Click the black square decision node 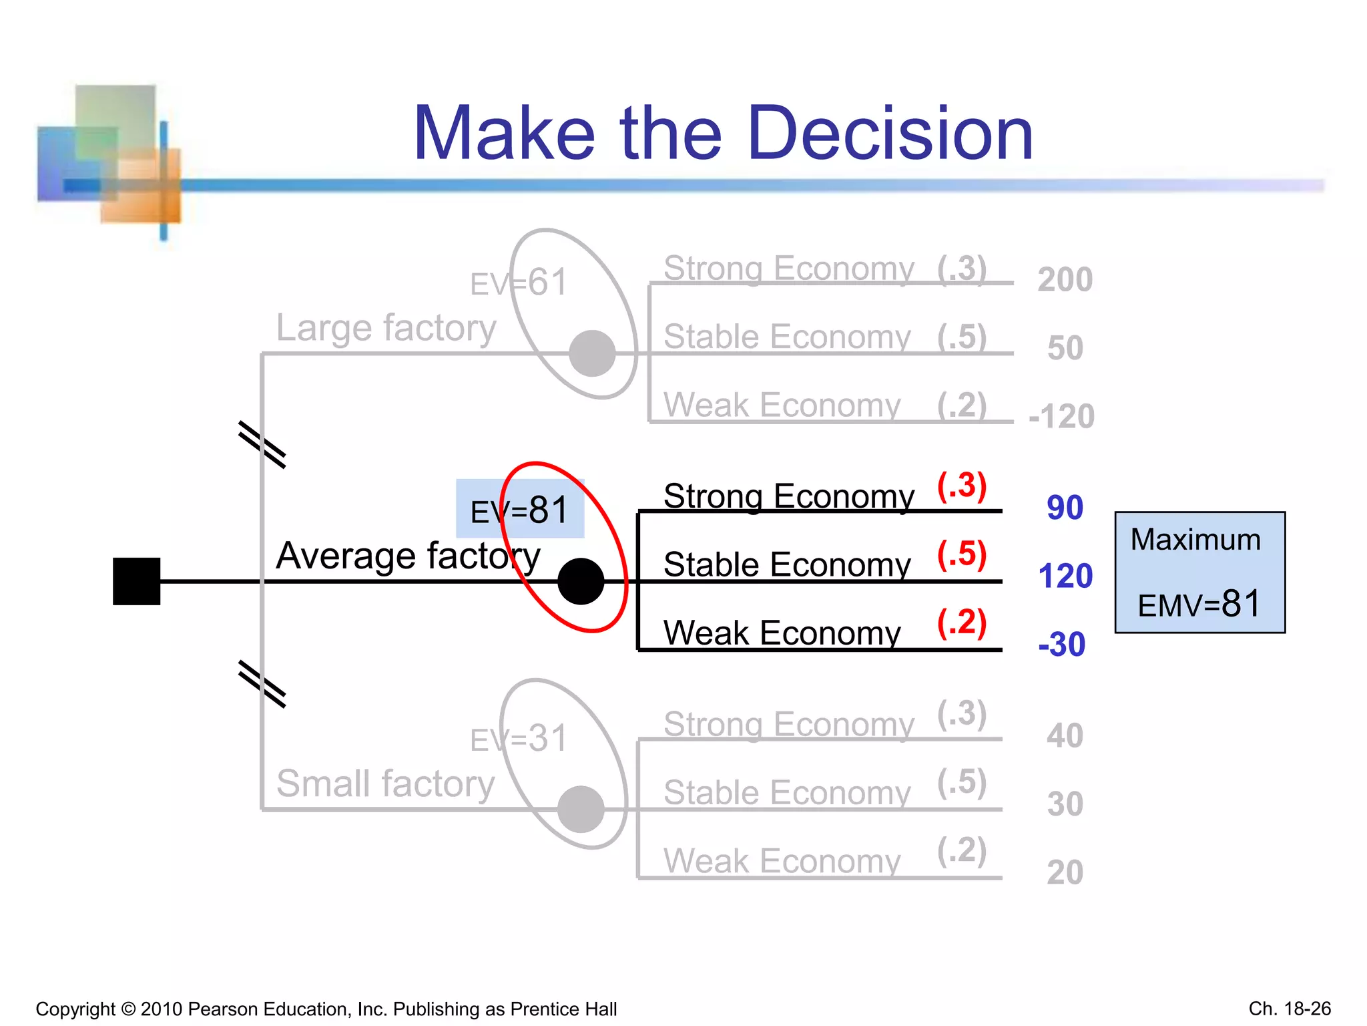[136, 581]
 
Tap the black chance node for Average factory [581, 581]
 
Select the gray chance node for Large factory [592, 353]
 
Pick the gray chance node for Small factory [581, 809]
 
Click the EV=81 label [519, 510]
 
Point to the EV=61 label [519, 283]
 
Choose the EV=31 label [519, 739]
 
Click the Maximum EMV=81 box [1199, 572]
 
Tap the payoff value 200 [1065, 279]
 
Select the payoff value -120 [1061, 416]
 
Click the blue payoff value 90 [1065, 508]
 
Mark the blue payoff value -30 [1061, 645]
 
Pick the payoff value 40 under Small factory [1065, 735]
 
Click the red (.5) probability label [962, 554]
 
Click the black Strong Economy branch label [788, 496]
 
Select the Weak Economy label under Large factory [782, 405]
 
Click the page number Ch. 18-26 [1290, 1008]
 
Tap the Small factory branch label [385, 783]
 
